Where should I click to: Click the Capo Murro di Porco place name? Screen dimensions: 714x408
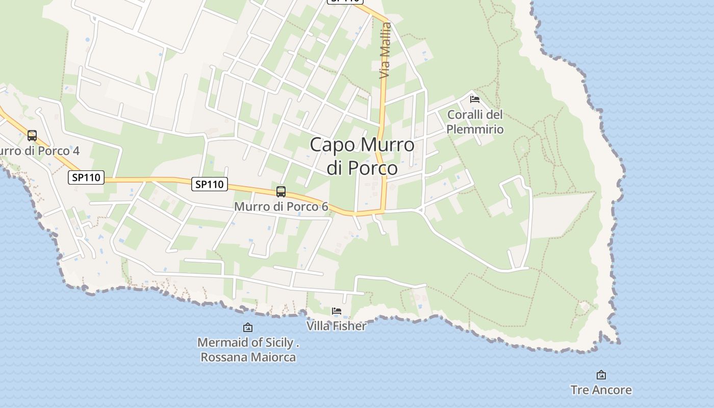pos(362,156)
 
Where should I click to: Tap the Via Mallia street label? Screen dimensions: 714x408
pos(386,51)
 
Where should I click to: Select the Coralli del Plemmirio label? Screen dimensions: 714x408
pos(475,122)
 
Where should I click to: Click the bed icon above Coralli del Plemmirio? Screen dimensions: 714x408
pos(475,99)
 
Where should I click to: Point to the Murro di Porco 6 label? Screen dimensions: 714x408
pos(281,207)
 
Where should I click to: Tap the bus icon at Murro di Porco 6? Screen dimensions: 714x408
pos(281,192)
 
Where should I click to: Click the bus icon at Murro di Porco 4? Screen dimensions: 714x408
pos(32,136)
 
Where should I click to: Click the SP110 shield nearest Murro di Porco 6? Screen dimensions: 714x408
pos(210,184)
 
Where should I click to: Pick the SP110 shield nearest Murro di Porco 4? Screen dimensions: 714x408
pos(86,177)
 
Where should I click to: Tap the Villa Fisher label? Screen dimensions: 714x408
pos(336,325)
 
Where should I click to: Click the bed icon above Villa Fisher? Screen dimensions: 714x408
pos(336,311)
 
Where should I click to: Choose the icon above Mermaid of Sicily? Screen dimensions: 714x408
pos(248,327)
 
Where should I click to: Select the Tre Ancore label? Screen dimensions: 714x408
pos(601,390)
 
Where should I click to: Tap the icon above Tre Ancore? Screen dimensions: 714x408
pos(601,375)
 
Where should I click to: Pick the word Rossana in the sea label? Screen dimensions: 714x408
pos(223,357)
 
